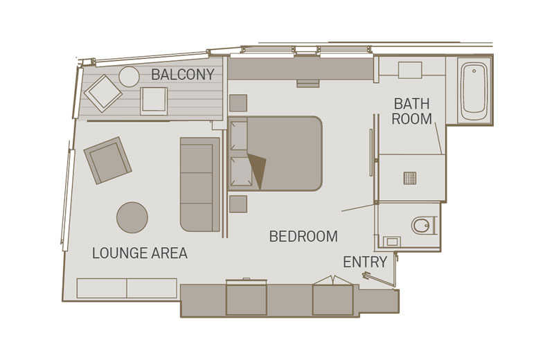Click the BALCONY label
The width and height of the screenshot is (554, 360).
[183, 75]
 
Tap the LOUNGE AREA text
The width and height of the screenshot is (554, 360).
[140, 253]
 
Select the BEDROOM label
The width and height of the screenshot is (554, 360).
[303, 236]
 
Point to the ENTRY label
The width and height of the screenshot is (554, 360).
[365, 262]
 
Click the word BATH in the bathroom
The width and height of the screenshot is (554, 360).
[411, 104]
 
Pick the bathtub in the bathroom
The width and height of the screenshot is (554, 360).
[474, 91]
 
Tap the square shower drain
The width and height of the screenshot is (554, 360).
[410, 178]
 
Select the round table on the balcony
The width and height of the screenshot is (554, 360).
[129, 77]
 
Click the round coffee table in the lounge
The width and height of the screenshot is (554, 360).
[132, 217]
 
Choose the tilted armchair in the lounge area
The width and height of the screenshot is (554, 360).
[108, 161]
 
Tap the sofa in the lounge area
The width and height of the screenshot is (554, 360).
[200, 184]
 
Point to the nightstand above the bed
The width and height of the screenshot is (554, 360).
[238, 102]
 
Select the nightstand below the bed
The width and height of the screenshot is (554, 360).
[238, 204]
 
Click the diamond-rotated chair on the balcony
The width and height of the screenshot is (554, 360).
[102, 93]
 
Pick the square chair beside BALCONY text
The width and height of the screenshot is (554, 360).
[154, 101]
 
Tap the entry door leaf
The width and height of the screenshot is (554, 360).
[378, 279]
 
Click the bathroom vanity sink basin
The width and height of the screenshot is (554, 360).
[410, 70]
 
